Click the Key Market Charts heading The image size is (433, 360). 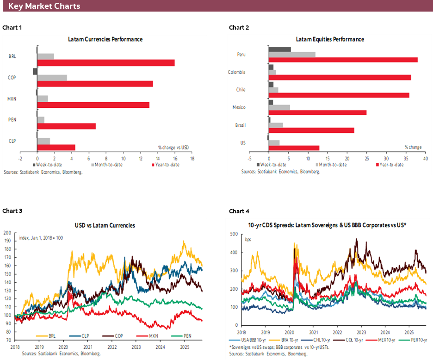point(44,6)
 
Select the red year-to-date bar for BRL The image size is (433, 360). point(106,62)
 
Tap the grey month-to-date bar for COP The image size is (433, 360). point(52,77)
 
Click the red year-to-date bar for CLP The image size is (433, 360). point(56,147)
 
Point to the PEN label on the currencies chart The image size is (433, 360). point(12,120)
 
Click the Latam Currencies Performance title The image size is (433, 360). point(105,39)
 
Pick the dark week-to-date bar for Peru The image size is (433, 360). point(279,50)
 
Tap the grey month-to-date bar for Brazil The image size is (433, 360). point(276,125)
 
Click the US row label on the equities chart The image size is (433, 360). point(242,143)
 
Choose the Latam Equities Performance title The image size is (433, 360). point(330,39)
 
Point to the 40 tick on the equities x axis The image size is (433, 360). point(425,158)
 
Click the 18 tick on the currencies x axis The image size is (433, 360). point(192,158)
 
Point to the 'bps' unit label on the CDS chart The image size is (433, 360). point(248,239)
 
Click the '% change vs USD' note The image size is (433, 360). point(173,147)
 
